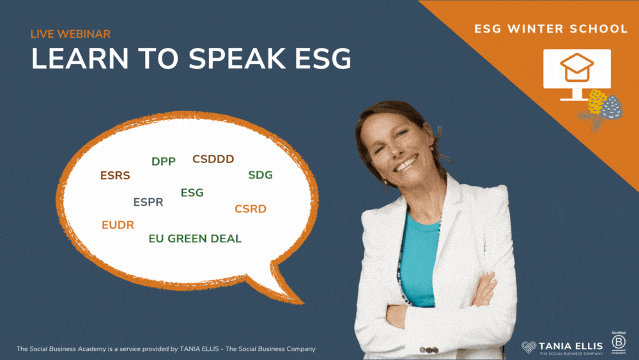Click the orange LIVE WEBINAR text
[x=70, y=34]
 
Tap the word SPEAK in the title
[x=236, y=58]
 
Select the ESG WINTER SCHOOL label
[x=551, y=29]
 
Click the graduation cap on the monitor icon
[x=576, y=67]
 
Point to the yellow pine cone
[x=596, y=102]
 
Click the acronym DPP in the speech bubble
[x=164, y=161]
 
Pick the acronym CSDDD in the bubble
[x=213, y=159]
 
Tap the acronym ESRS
[x=115, y=175]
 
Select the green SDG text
[x=261, y=175]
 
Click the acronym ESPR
[x=148, y=202]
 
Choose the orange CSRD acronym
[x=250, y=208]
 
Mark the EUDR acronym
[x=118, y=224]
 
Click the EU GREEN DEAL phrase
[x=195, y=239]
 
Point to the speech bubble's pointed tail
[x=301, y=302]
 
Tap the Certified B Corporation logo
[x=618, y=343]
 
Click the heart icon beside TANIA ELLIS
[x=529, y=347]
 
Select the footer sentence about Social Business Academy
[x=166, y=349]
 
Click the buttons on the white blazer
[x=429, y=350]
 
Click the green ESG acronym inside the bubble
[x=192, y=192]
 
